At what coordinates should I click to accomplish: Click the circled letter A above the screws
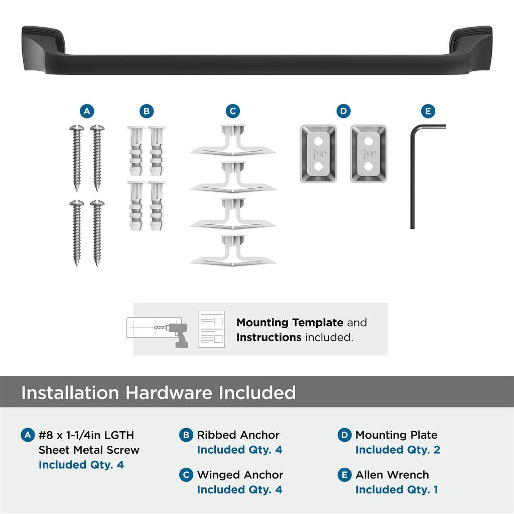(x=87, y=111)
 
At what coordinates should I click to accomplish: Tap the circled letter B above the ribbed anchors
(x=146, y=111)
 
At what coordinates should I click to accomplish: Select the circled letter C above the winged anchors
(x=232, y=111)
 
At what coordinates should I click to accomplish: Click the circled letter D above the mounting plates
(x=343, y=111)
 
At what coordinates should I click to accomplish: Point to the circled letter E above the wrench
(x=428, y=111)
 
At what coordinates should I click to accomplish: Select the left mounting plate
(x=318, y=154)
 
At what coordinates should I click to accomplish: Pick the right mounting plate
(x=368, y=154)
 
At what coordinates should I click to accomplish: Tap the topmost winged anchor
(x=232, y=141)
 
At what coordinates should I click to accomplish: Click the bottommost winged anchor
(x=232, y=250)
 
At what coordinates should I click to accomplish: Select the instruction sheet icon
(x=211, y=329)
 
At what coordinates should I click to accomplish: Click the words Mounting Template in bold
(x=290, y=323)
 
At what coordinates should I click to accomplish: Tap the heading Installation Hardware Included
(x=158, y=393)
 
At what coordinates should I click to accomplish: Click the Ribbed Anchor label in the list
(x=238, y=435)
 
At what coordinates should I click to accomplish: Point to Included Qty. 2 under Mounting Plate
(x=398, y=450)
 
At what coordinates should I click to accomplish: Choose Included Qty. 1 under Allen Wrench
(x=397, y=489)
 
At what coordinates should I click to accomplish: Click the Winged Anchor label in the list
(x=240, y=475)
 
